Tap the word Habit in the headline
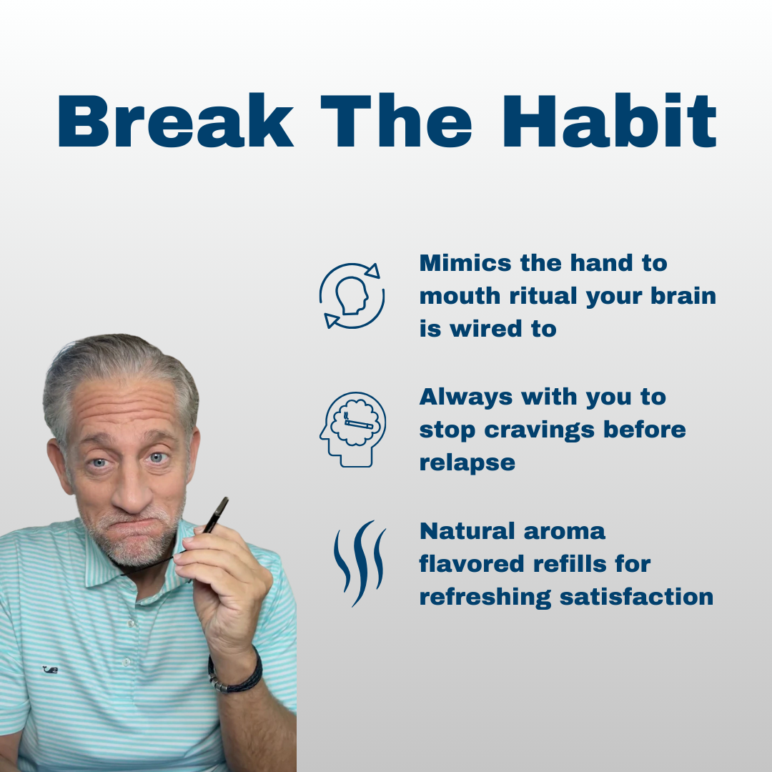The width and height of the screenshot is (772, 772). (609, 121)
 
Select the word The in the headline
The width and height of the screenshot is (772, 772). (396, 121)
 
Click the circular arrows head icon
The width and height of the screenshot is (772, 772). (352, 295)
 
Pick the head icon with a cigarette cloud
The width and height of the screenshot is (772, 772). (352, 430)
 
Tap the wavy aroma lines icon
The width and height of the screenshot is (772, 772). (360, 563)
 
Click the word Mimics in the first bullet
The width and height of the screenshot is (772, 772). (465, 263)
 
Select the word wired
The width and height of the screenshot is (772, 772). (486, 329)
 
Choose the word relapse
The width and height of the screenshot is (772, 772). (467, 463)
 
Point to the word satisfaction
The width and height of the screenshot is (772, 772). (636, 597)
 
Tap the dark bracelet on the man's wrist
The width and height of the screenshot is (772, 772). (235, 672)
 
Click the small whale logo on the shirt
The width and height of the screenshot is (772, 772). (50, 670)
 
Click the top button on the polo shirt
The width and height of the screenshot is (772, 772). (131, 623)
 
